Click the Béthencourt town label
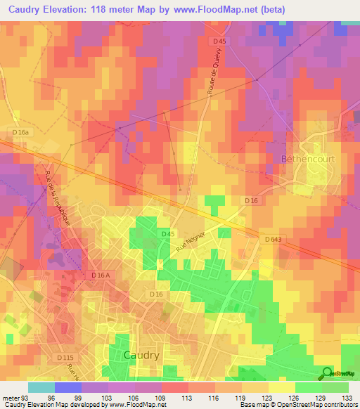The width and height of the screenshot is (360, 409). coord(308,160)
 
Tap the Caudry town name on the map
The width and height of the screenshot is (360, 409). coord(141,355)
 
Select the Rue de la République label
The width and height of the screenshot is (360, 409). coord(60,200)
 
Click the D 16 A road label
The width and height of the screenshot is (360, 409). coord(101,276)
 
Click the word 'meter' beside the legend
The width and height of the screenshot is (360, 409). coord(12,396)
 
